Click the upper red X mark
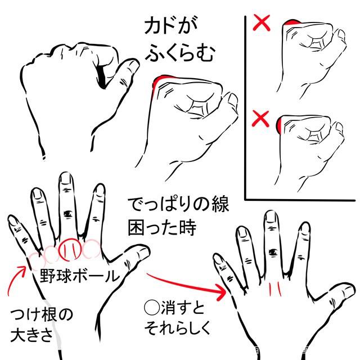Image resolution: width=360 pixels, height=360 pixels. [x=261, y=22]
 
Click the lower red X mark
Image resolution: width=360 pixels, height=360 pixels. [x=260, y=119]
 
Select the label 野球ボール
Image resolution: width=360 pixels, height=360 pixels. [x=80, y=275]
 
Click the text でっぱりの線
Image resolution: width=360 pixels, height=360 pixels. [x=178, y=204]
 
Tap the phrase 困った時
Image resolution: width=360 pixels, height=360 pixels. [x=162, y=228]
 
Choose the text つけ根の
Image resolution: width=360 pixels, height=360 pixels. [x=41, y=314]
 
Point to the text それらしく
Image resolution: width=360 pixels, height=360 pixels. [x=177, y=327]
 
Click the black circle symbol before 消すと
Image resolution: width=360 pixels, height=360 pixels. [x=152, y=307]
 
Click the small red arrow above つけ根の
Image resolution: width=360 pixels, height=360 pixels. [x=16, y=281]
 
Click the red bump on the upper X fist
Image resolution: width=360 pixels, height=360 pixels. [x=292, y=22]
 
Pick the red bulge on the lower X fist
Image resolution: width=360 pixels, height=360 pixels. [x=279, y=125]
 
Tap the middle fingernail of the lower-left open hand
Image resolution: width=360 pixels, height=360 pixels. [x=66, y=179]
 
